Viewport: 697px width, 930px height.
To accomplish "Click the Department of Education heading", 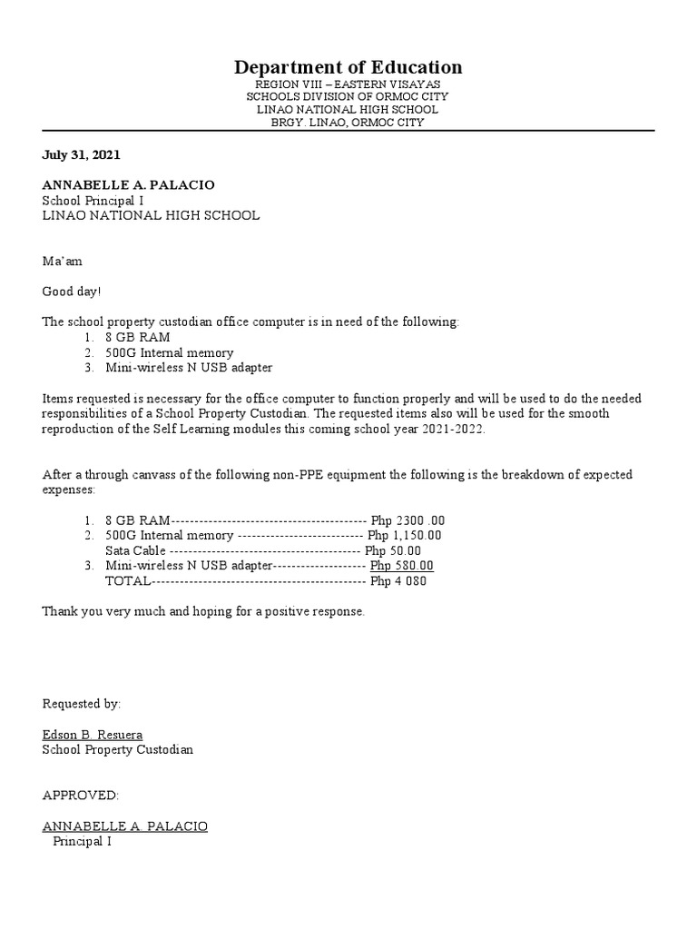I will (348, 67).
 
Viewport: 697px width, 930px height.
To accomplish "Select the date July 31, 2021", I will (81, 155).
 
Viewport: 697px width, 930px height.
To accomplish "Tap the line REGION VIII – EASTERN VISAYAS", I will (348, 84).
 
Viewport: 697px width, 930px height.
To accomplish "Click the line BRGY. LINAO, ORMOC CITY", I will (348, 122).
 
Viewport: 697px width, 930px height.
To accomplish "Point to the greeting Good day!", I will (73, 292).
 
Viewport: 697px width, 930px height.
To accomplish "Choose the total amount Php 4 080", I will (398, 581).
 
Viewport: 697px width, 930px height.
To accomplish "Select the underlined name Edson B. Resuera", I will (93, 734).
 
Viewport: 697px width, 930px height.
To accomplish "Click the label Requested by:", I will (81, 704).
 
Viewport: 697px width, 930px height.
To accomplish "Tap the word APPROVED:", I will (81, 796).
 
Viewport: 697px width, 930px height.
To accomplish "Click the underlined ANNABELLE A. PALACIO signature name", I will (125, 826).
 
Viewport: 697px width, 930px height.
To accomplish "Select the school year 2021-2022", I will (453, 429).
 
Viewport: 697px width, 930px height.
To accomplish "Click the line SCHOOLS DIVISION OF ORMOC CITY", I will (348, 96).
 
